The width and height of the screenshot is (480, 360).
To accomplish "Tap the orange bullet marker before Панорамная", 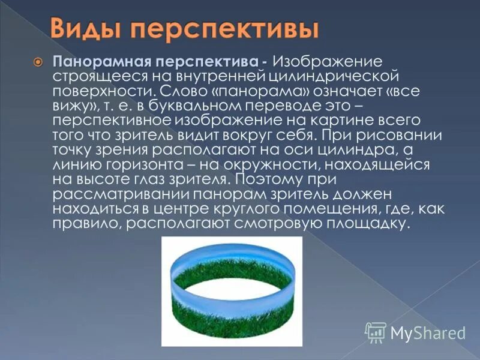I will (37, 63).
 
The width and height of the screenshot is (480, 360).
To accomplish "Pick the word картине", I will (362, 120).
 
